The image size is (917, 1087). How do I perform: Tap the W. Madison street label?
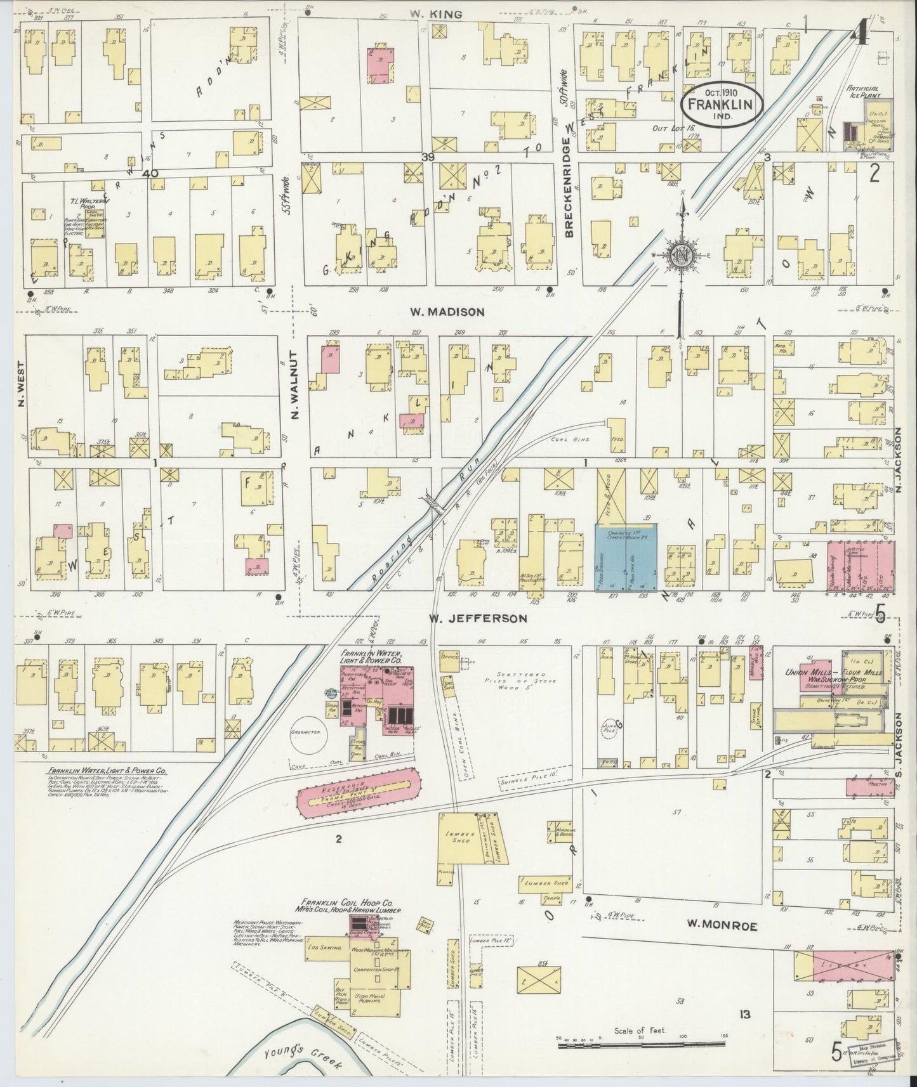pyautogui.click(x=447, y=311)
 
